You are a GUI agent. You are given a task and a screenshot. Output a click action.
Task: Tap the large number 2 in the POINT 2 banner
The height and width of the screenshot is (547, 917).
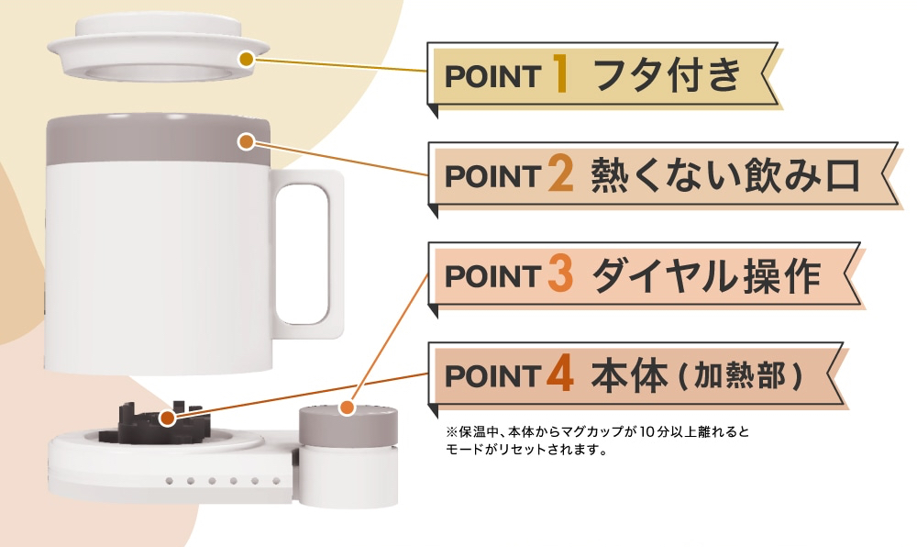click(560, 174)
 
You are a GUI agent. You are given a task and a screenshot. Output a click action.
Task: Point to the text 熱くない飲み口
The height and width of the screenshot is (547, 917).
click(724, 174)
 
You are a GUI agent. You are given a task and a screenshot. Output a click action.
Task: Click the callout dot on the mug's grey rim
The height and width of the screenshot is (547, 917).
click(246, 141)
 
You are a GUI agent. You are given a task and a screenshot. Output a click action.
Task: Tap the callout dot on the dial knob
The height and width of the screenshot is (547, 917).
click(348, 407)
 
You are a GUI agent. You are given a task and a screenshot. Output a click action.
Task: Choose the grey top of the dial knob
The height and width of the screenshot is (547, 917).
click(349, 423)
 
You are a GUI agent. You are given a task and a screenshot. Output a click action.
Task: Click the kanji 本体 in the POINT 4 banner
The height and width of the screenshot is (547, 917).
click(628, 375)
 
